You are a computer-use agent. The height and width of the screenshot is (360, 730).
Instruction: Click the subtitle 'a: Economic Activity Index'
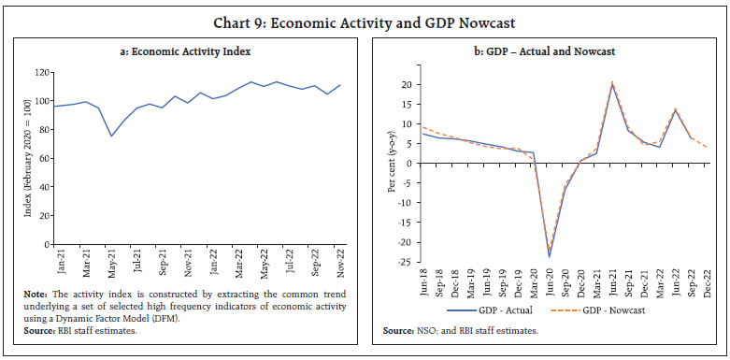pyautogui.click(x=187, y=53)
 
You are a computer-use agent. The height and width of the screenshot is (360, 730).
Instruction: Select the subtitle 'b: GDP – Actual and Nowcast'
pyautogui.click(x=550, y=53)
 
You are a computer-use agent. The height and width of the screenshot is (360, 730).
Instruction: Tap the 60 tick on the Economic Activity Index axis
pyautogui.click(x=43, y=158)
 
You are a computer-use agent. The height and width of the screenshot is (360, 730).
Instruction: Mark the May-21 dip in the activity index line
pyautogui.click(x=112, y=137)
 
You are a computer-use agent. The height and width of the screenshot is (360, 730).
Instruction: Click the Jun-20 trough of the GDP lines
pyautogui.click(x=549, y=255)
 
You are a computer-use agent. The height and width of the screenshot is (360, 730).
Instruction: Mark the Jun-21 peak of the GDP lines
pyautogui.click(x=612, y=84)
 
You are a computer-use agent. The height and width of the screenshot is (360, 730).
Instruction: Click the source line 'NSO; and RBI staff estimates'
pyautogui.click(x=458, y=332)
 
